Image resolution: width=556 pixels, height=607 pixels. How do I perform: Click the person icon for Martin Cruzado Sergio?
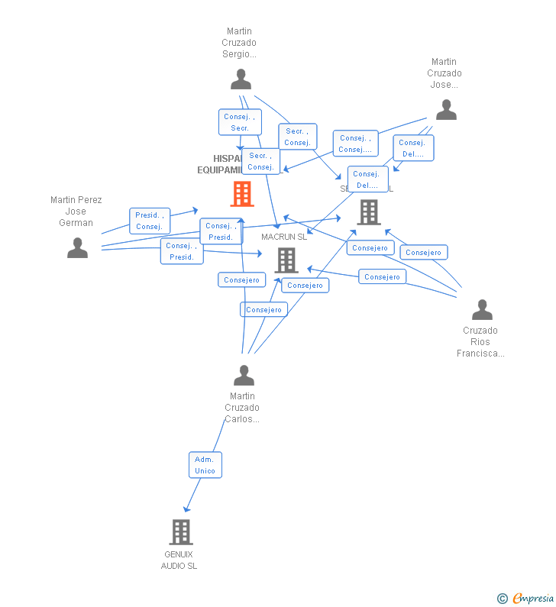coord(241,79)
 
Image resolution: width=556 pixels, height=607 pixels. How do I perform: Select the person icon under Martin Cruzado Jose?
coord(446,110)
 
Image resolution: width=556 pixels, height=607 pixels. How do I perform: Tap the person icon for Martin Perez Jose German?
coord(77,248)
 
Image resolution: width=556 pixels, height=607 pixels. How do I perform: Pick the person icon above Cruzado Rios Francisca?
coord(482,309)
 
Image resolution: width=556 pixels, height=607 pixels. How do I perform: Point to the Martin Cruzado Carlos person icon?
coord(244,376)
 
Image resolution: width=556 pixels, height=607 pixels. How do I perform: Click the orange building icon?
coord(242,194)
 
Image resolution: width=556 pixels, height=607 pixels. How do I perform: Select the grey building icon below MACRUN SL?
coord(286,260)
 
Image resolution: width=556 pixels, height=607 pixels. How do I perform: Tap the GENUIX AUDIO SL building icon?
coord(180,531)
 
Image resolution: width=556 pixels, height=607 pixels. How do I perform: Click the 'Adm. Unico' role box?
coord(205,465)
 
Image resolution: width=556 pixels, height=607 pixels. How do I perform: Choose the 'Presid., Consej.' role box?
coord(149,221)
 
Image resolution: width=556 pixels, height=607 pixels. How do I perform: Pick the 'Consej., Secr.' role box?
coord(241,122)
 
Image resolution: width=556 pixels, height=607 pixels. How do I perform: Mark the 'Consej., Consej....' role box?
coord(355,144)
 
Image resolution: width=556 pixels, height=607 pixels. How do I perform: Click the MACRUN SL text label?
coord(284,237)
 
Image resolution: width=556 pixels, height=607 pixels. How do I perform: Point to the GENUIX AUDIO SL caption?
coord(179,560)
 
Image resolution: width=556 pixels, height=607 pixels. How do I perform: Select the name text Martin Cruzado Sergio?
coord(239,43)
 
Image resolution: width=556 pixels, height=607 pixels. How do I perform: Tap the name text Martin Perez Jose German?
coord(76,211)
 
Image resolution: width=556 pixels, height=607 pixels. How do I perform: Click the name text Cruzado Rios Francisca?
coord(480,342)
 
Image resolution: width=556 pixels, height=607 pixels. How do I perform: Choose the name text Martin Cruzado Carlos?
coord(242,408)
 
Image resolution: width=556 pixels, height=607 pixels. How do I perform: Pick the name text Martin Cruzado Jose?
coord(444,73)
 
